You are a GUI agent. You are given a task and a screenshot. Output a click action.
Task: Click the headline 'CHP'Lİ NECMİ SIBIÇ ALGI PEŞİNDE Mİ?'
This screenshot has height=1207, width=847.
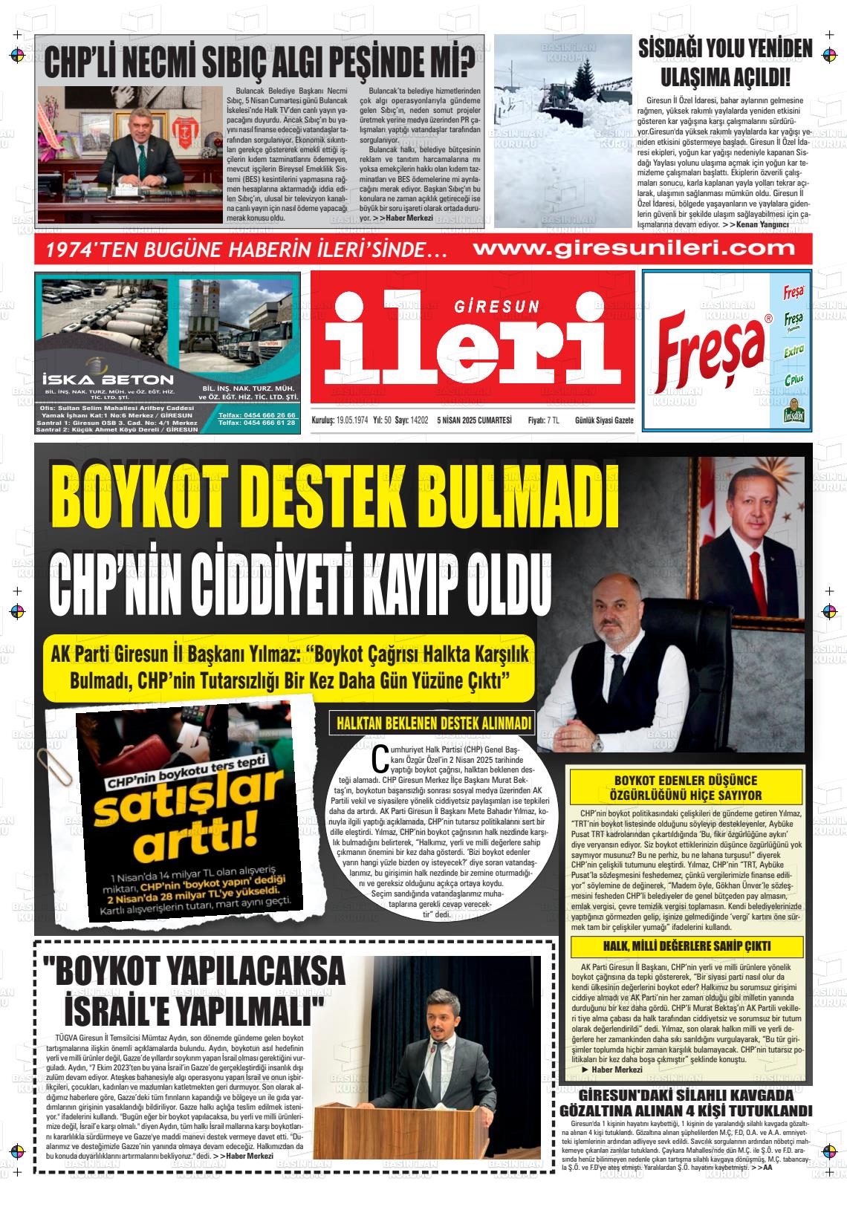tap(259, 62)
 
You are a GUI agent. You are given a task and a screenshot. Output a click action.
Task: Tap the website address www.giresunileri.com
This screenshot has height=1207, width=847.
tap(635, 248)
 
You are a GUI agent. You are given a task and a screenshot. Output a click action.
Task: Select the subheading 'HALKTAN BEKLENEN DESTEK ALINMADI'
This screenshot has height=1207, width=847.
tap(434, 723)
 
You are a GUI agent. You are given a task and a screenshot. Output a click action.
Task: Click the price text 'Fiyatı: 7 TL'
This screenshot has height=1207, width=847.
tap(543, 420)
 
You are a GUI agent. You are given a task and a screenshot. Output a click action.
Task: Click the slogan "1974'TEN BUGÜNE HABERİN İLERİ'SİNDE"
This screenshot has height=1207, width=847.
tap(245, 250)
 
